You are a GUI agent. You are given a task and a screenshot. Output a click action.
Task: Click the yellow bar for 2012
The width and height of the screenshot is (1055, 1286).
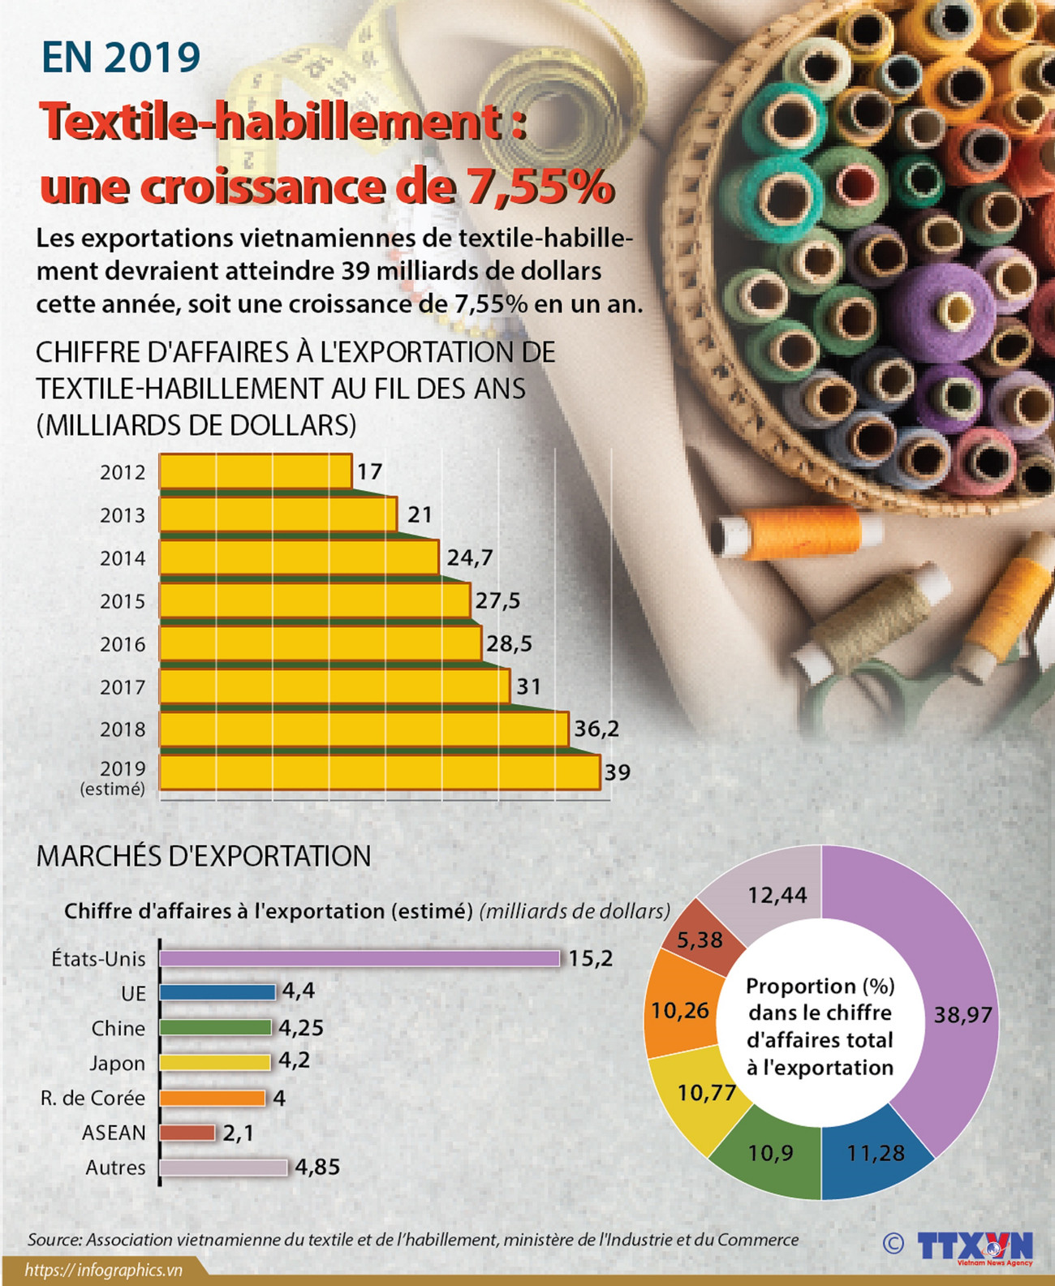click(255, 471)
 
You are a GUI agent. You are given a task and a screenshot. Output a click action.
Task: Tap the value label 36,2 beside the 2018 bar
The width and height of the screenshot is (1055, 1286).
click(596, 729)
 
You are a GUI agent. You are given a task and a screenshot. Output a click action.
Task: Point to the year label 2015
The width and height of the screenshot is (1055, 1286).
click(123, 601)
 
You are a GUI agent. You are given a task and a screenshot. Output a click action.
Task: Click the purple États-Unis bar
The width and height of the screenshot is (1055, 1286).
click(360, 958)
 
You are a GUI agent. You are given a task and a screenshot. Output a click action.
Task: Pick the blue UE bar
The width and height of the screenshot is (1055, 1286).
click(217, 991)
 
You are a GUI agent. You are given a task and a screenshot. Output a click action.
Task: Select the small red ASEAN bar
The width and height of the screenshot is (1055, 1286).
click(187, 1133)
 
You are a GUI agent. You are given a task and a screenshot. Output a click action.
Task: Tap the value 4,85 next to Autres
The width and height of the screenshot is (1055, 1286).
click(317, 1167)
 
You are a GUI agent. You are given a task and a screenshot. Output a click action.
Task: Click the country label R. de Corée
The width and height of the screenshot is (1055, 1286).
click(93, 1098)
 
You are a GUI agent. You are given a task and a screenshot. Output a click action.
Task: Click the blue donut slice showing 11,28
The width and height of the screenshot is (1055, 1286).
click(876, 1153)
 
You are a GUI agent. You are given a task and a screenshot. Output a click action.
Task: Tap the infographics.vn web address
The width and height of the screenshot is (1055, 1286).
click(103, 1270)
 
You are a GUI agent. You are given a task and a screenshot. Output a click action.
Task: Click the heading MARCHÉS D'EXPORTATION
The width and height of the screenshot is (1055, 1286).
click(204, 856)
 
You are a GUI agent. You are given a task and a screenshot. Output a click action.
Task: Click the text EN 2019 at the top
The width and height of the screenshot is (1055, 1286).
click(121, 57)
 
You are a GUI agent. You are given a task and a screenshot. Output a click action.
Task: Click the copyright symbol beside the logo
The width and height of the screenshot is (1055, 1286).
click(894, 1243)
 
